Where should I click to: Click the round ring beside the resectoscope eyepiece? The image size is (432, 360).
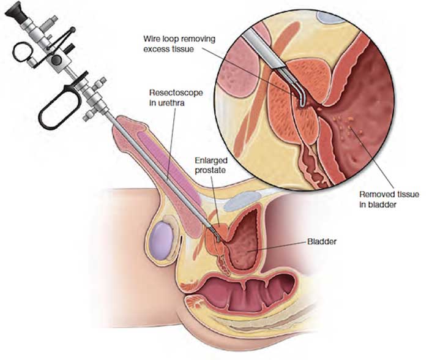pyautogui.click(x=23, y=51)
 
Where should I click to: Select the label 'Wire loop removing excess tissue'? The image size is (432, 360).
pyautogui.click(x=179, y=44)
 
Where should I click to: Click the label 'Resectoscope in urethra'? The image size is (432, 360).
pyautogui.click(x=176, y=97)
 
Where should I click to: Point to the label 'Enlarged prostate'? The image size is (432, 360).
pyautogui.click(x=211, y=165)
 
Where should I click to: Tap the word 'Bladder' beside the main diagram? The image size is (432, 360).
pyautogui.click(x=322, y=242)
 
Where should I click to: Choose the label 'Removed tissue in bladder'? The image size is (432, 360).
pyautogui.click(x=389, y=200)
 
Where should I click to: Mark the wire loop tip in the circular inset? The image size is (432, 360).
pyautogui.click(x=301, y=104)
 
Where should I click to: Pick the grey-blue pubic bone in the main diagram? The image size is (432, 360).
pyautogui.click(x=242, y=201)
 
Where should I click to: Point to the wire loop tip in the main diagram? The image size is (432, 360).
pyautogui.click(x=218, y=241)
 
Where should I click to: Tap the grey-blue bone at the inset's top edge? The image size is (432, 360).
pyautogui.click(x=330, y=17)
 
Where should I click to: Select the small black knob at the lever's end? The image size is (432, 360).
pyautogui.click(x=73, y=29)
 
